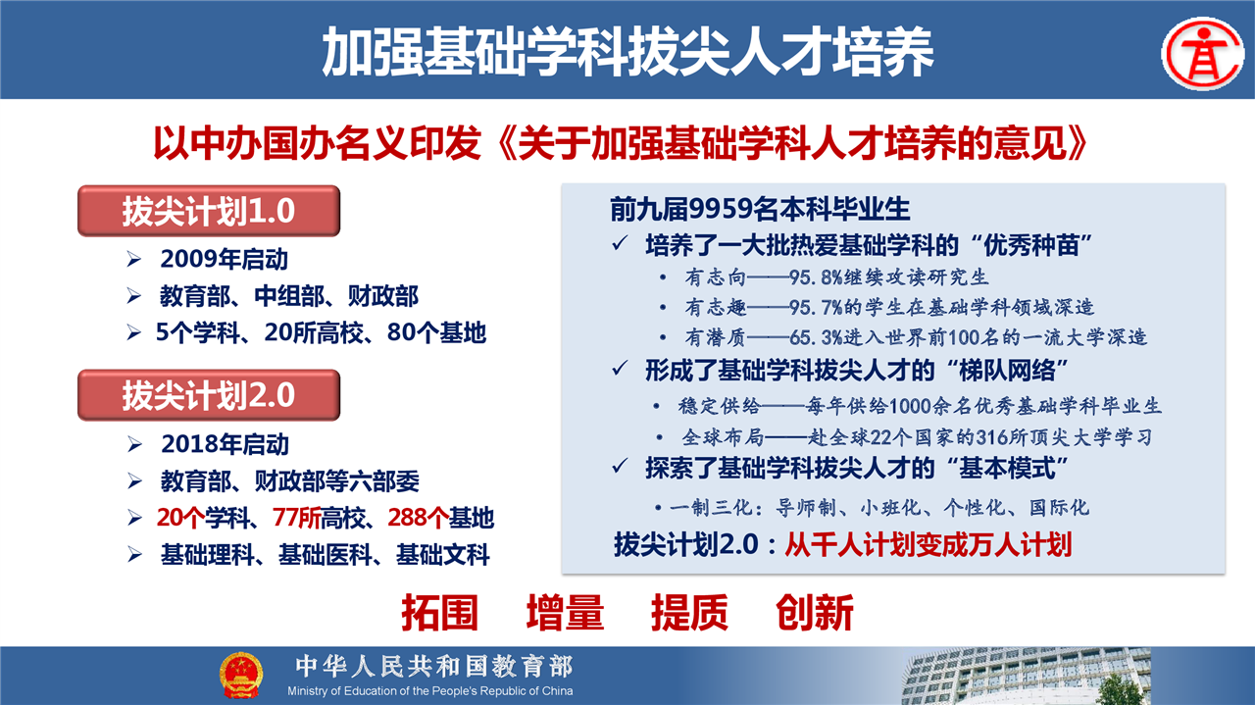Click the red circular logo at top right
pos(1203,54)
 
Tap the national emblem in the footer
pos(241,675)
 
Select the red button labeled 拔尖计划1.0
pos(209,211)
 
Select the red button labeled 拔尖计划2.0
pos(209,395)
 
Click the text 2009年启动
pos(225,260)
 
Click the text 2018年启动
pos(225,444)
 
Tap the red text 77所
pos(296,518)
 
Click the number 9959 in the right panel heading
pos(720,209)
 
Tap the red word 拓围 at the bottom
pos(440,613)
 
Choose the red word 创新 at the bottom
pos(815,613)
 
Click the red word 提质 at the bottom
pos(689,613)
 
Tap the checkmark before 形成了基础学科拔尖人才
pos(620,369)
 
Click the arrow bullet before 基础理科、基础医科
pos(134,555)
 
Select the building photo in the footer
pos(1026,676)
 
